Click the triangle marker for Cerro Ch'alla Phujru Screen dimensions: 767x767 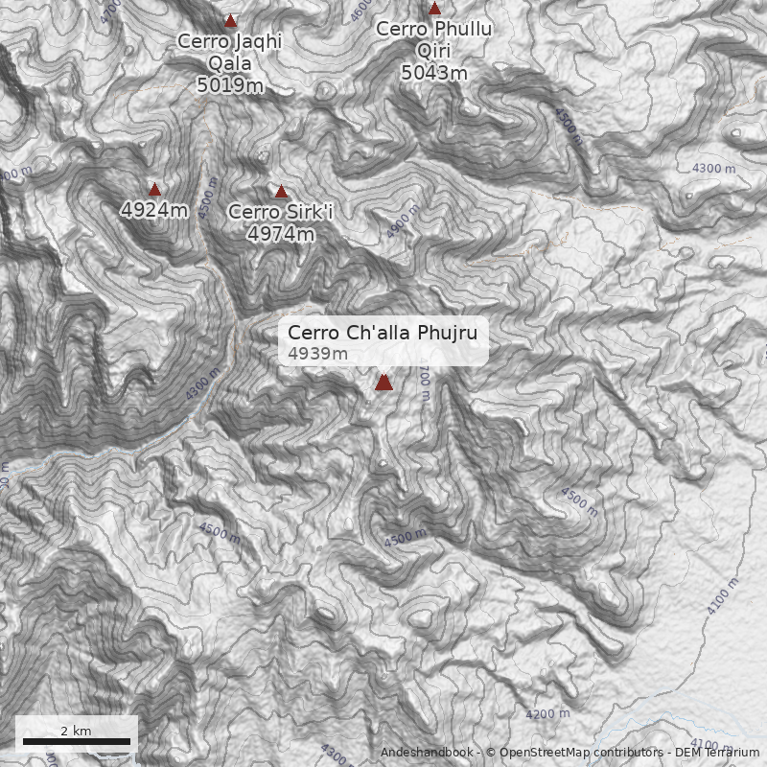click(383, 383)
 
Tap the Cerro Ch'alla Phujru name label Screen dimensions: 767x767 click(383, 333)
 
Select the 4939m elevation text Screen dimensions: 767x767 click(317, 354)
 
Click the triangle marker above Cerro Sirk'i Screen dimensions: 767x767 click(281, 192)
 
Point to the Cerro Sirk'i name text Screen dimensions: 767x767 click(280, 212)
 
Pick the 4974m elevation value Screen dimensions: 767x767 click(280, 233)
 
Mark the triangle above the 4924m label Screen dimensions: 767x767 click(154, 189)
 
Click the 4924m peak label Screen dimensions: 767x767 click(154, 209)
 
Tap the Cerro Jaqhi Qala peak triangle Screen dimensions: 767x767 click(230, 20)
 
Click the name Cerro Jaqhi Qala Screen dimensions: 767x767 click(230, 53)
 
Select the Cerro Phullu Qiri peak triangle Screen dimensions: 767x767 click(434, 9)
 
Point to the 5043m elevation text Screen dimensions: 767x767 click(434, 73)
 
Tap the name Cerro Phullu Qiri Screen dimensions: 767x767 click(434, 40)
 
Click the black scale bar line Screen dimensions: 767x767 click(76, 741)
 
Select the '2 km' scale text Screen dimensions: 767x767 click(76, 731)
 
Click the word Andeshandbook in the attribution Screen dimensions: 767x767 click(427, 753)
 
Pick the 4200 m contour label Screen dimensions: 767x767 click(547, 713)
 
